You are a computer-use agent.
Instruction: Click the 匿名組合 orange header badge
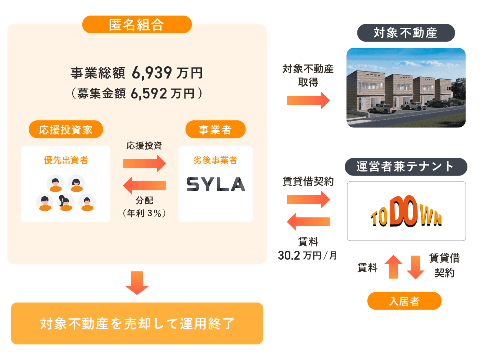137,25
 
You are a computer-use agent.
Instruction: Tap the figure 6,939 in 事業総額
152,73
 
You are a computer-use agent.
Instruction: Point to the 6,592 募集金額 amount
149,93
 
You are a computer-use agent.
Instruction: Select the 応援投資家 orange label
66,130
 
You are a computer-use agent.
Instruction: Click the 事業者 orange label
215,130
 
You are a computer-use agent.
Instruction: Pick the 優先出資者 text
66,160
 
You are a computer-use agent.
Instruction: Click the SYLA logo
216,184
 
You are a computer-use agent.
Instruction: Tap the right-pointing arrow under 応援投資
144,163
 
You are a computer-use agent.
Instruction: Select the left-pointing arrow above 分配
144,185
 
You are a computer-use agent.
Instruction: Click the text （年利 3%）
144,213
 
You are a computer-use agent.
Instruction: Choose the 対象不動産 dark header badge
406,33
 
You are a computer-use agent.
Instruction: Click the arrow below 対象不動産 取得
308,100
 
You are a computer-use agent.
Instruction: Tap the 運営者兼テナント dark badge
406,167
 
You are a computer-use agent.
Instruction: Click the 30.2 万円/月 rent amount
307,256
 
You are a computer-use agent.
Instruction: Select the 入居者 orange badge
404,301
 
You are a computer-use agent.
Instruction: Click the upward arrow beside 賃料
393,267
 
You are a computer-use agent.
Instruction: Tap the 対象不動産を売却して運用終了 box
137,323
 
